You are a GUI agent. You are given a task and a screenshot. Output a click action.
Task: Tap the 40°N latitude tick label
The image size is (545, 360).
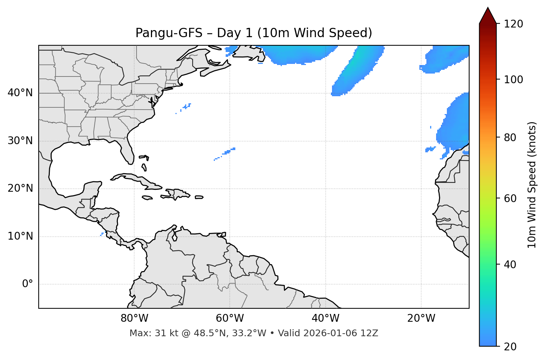(x=20, y=93)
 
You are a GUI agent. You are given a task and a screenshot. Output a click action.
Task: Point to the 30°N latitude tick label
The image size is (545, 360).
(x=20, y=141)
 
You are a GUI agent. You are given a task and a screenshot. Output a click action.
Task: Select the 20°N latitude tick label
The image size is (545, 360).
(x=20, y=188)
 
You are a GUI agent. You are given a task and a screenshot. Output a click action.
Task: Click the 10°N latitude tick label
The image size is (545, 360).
(x=20, y=236)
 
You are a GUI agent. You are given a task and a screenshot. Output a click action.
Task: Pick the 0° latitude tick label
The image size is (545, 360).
(x=27, y=284)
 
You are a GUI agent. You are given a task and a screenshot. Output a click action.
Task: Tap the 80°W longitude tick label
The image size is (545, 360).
(x=134, y=318)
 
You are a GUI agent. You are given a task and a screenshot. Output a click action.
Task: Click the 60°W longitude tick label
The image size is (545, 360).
(x=230, y=318)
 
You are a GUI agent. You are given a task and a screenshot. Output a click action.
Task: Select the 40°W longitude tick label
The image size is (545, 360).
(x=325, y=318)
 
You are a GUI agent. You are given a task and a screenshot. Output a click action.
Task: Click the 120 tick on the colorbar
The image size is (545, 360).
(x=513, y=24)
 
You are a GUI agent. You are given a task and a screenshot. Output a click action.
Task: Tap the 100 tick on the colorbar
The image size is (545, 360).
(x=513, y=80)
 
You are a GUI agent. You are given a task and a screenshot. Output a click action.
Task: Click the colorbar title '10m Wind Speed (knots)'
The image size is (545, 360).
(x=532, y=185)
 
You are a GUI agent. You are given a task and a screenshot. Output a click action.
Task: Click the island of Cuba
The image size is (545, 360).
(x=138, y=179)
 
